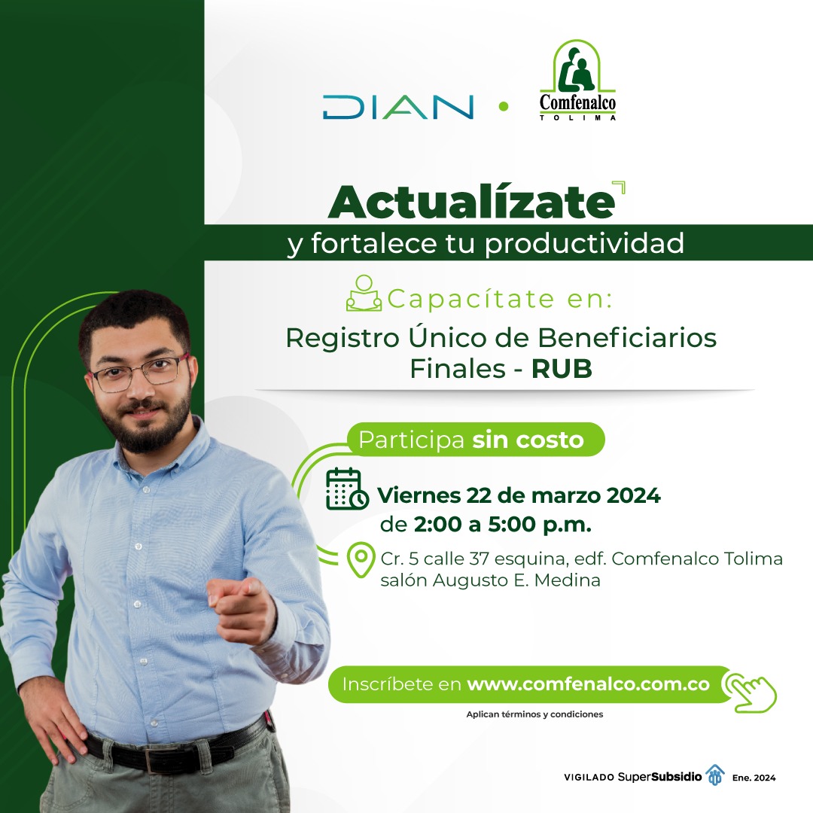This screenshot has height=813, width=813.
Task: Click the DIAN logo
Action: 397,107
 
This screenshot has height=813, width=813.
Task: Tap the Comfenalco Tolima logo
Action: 577,81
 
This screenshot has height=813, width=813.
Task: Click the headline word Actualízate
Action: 472,202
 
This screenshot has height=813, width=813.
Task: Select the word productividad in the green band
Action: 584,243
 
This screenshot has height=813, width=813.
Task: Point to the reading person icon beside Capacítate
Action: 364,294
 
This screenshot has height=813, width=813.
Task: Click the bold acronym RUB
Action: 562,369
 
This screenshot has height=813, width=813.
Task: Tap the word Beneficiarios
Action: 627,337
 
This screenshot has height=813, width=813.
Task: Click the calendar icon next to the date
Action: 347,489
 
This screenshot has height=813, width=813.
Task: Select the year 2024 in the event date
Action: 634,495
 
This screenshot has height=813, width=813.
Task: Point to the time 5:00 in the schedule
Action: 511,524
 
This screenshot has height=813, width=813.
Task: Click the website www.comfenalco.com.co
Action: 588,684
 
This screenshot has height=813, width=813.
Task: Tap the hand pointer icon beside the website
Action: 750,692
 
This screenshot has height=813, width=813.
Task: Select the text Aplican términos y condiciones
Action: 534,714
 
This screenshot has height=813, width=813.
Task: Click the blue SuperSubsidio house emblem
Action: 716,775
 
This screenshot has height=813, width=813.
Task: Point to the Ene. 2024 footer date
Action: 754,778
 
